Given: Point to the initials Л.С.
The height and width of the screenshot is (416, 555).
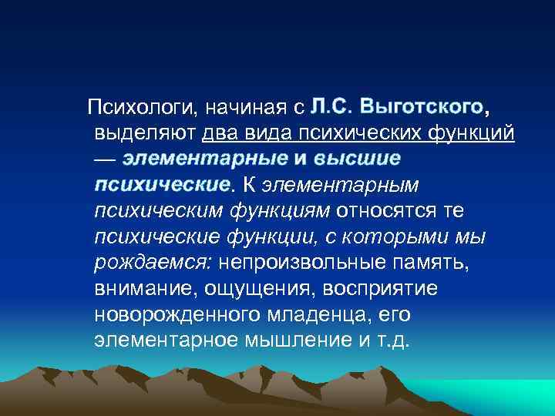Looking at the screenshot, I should point(333,106).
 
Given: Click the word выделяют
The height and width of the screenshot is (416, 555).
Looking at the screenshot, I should point(144,133).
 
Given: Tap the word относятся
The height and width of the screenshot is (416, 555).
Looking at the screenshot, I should point(388,211).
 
